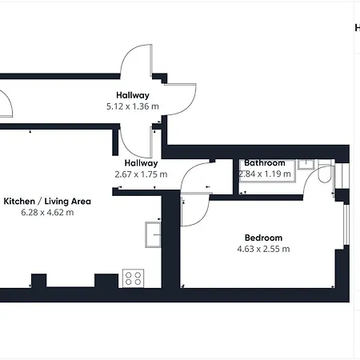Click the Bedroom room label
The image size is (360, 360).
pyautogui.click(x=263, y=238)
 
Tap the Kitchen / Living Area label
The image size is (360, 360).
pyautogui.click(x=47, y=201)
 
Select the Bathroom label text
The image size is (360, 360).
pyautogui.click(x=265, y=162)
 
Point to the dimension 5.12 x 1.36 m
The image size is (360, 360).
pyautogui.click(x=133, y=106)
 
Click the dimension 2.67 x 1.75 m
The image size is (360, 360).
pyautogui.click(x=141, y=174)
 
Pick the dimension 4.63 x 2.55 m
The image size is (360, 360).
pyautogui.click(x=263, y=249)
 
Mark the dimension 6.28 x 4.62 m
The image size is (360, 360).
pyautogui.click(x=47, y=213)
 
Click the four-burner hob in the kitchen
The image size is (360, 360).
pyautogui.click(x=133, y=278)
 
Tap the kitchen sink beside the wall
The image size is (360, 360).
pyautogui.click(x=153, y=234)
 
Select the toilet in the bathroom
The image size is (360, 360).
pyautogui.click(x=325, y=171)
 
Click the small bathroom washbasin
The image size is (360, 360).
pyautogui.click(x=306, y=164)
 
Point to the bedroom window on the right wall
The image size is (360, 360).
pyautogui.click(x=346, y=224)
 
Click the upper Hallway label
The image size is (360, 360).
pyautogui.click(x=133, y=95)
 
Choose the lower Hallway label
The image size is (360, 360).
pyautogui.click(x=141, y=163)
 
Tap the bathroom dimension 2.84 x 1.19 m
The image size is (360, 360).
pyautogui.click(x=265, y=174)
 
